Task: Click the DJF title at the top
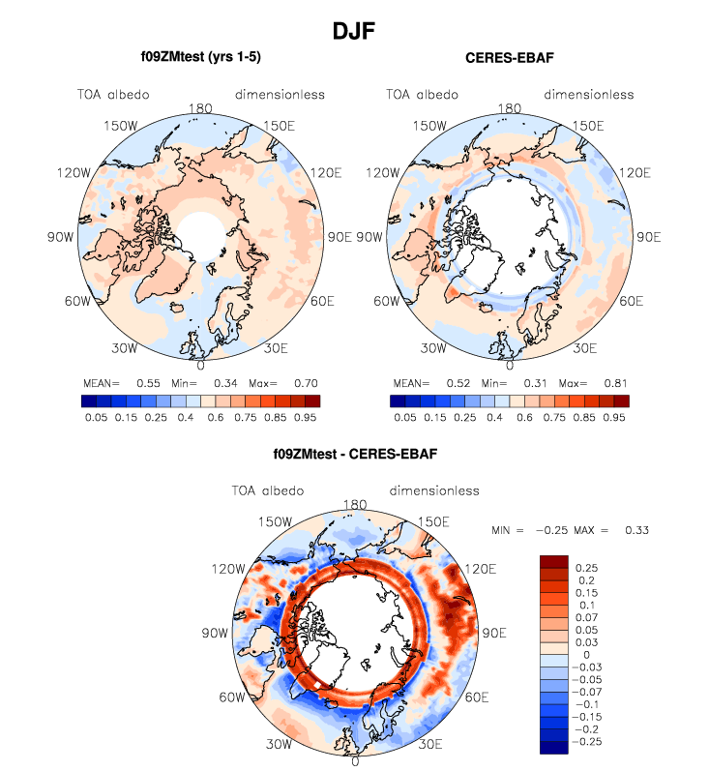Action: [354, 30]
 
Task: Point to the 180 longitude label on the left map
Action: [200, 109]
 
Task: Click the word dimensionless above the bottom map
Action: [434, 490]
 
